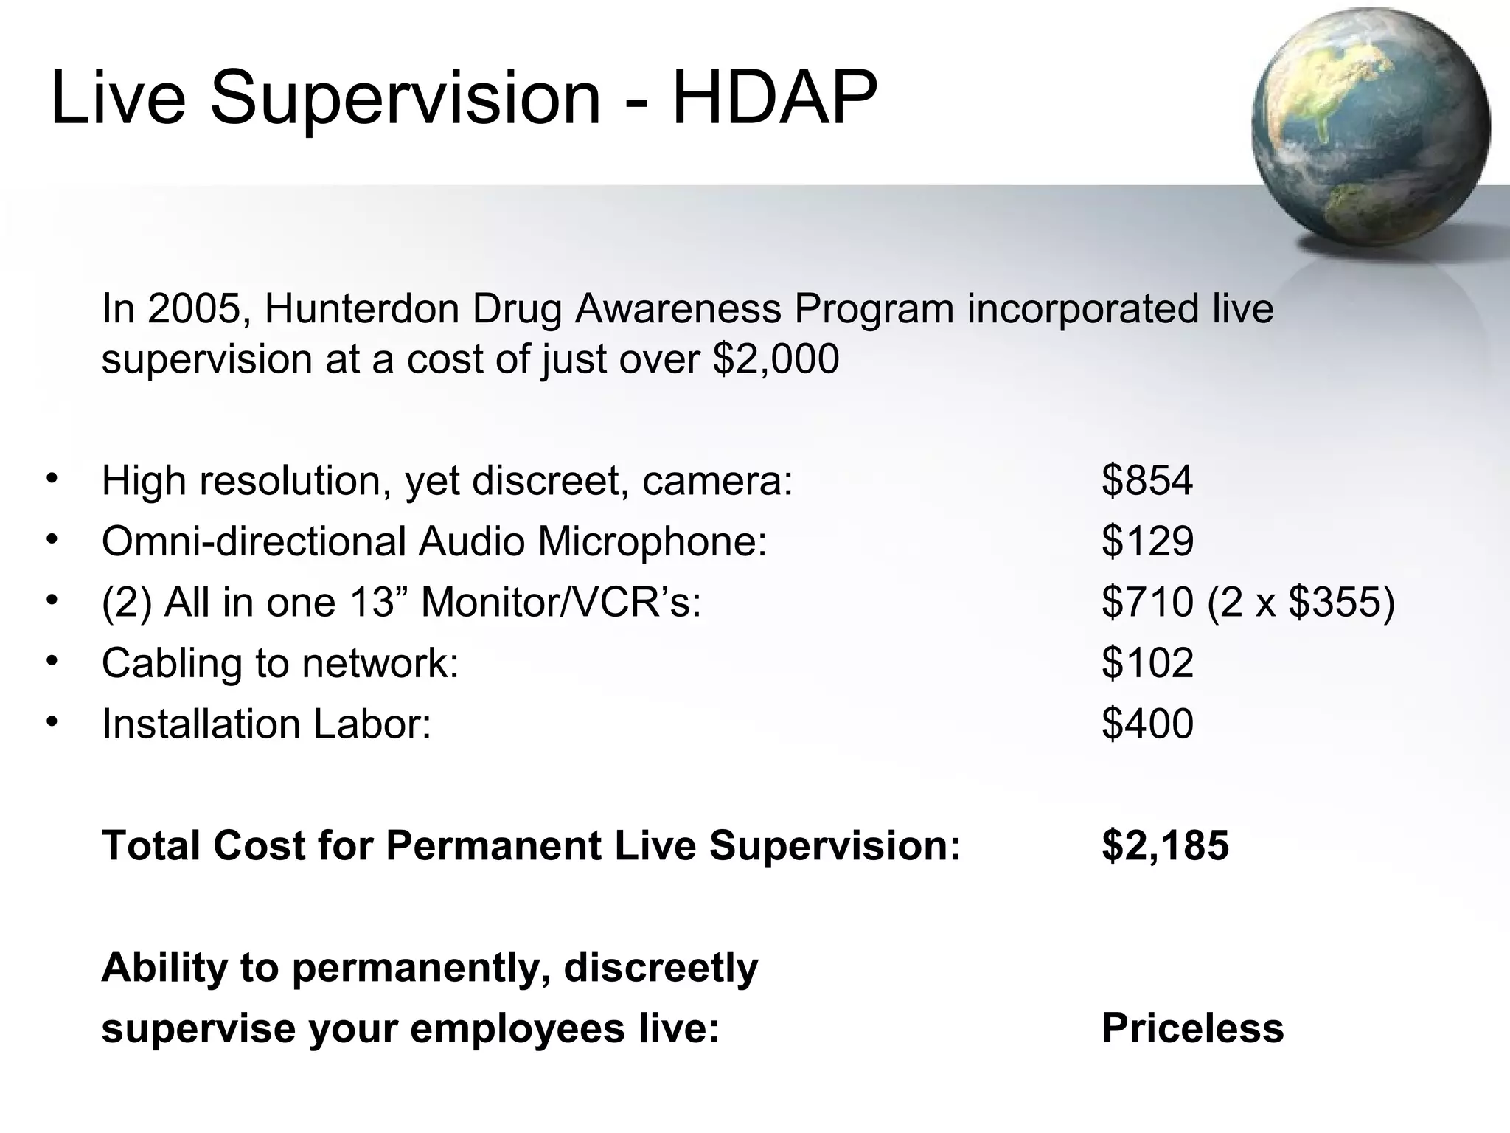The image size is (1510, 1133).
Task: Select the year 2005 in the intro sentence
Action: tap(194, 308)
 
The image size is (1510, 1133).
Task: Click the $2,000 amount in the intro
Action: tap(776, 360)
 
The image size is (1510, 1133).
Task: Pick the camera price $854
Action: tap(1147, 481)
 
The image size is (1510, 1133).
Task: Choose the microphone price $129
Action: tap(1147, 541)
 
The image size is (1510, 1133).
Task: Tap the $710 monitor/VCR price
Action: tap(1147, 602)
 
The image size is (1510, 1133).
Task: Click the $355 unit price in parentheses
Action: tap(1334, 602)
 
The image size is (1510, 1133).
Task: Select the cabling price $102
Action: tap(1147, 662)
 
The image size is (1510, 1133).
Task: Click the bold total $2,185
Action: tap(1165, 845)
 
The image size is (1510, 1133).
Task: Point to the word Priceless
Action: tap(1192, 1028)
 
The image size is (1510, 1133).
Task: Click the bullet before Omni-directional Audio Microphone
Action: tap(51, 540)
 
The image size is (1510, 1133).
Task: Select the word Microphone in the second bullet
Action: tap(652, 541)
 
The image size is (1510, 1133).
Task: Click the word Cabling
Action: tap(171, 664)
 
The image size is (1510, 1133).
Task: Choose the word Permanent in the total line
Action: tap(493, 845)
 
